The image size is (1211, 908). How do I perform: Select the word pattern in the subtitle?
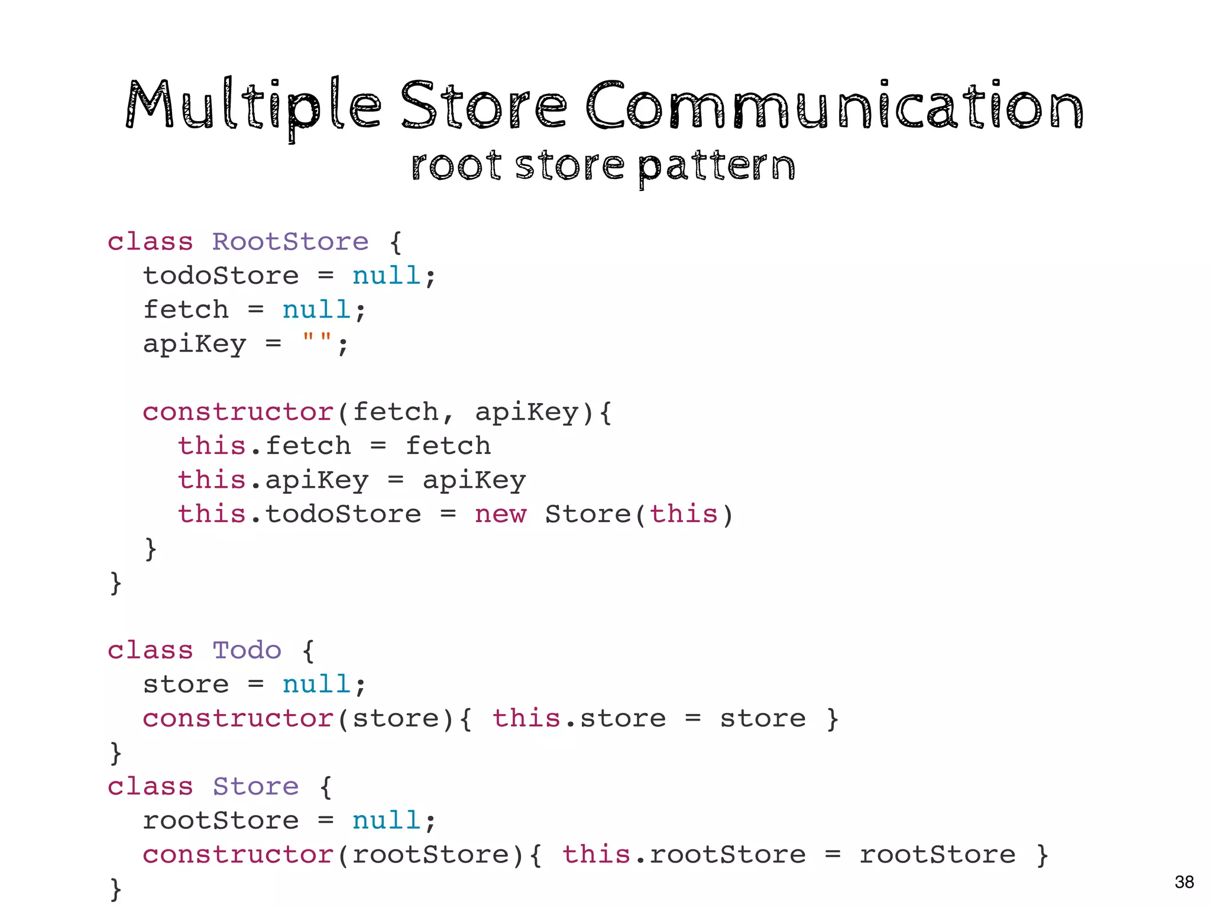[717, 167]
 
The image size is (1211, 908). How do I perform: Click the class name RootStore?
[290, 242]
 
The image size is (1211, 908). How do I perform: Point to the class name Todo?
[247, 650]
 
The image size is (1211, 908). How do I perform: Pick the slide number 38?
[1184, 882]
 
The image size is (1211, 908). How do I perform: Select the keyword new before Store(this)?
[500, 514]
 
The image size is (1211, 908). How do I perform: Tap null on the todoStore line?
[386, 276]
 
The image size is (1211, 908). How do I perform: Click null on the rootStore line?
[386, 821]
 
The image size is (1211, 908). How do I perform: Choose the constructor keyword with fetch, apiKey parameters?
[238, 412]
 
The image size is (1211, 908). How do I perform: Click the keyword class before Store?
[150, 787]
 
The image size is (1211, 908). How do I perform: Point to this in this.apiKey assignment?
[212, 480]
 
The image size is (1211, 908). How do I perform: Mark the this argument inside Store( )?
[684, 514]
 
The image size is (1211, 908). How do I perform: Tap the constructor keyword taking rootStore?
[238, 855]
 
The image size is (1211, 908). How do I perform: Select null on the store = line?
[316, 685]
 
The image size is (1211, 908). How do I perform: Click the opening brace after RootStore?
[396, 242]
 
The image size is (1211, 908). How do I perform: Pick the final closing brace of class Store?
[116, 889]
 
